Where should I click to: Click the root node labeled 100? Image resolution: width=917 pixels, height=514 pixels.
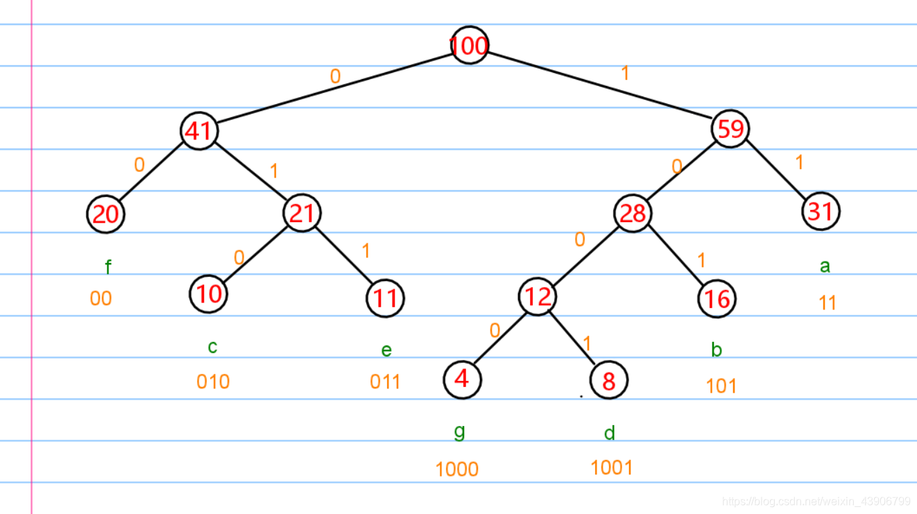click(470, 45)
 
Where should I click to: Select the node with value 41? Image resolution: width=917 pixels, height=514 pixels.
click(199, 131)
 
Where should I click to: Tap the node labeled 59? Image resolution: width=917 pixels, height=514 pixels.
click(730, 129)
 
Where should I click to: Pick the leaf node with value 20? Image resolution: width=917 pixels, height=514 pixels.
click(105, 214)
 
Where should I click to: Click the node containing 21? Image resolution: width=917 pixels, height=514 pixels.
click(302, 213)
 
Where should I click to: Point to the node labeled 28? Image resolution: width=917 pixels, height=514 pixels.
click(633, 213)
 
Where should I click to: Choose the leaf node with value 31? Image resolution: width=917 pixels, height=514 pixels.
click(821, 211)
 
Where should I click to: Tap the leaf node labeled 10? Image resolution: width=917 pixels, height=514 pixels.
click(208, 294)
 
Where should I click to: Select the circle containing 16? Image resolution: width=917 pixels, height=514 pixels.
click(717, 299)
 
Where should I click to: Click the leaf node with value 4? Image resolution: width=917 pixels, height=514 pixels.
click(462, 379)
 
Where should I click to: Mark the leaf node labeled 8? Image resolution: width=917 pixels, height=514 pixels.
click(609, 380)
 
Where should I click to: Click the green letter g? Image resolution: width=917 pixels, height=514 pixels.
click(460, 432)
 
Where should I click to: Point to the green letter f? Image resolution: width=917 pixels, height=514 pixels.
click(108, 267)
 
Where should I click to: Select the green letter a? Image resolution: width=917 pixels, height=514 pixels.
click(825, 266)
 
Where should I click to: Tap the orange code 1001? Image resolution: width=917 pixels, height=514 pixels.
click(612, 468)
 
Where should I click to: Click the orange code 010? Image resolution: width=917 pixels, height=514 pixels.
click(213, 382)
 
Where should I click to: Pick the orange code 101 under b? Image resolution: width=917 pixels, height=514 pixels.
click(721, 386)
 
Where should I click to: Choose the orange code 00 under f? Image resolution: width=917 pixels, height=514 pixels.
click(101, 298)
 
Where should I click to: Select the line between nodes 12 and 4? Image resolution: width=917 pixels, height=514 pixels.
click(500, 338)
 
